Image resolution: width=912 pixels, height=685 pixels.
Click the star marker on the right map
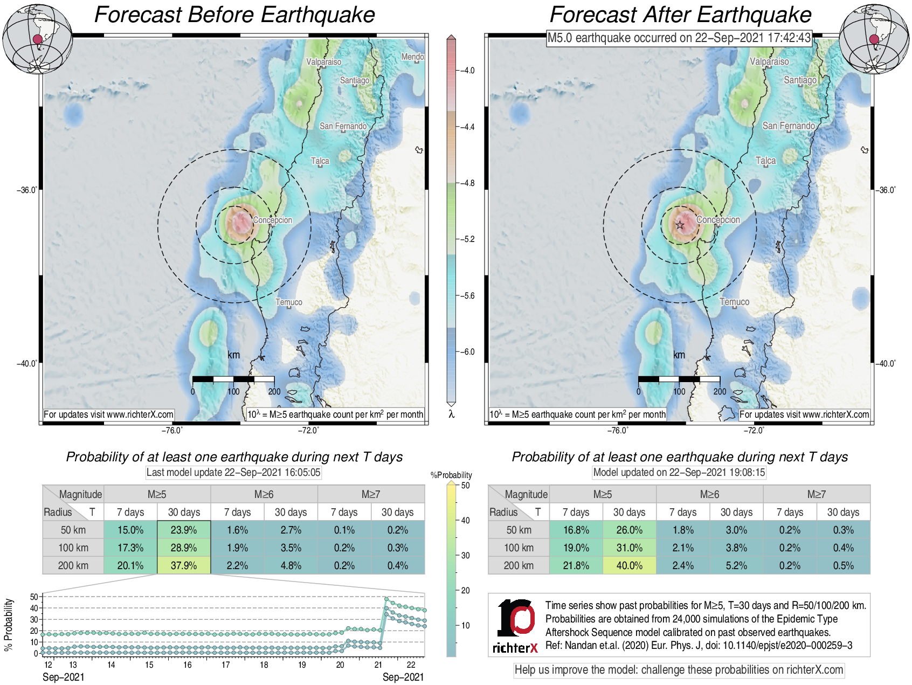pos(680,225)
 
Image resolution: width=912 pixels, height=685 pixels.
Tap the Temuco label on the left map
pos(289,302)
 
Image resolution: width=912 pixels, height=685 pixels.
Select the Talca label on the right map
pos(765,161)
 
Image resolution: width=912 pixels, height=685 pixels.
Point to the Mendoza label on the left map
pos(412,57)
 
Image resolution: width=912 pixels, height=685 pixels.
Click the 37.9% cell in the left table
pos(184,565)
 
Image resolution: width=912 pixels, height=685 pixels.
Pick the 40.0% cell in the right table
pos(629,565)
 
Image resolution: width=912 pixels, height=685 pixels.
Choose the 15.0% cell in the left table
pos(130,530)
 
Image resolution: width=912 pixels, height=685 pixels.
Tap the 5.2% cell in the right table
pos(736,565)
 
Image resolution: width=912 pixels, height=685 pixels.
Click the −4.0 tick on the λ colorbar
pos(467,71)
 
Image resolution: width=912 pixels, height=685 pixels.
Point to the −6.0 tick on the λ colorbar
pos(467,352)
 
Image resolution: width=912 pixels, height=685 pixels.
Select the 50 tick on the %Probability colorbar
pos(465,486)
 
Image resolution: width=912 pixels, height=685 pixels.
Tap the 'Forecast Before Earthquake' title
pos(234,15)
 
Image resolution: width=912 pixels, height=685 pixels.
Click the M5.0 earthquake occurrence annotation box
pos(679,38)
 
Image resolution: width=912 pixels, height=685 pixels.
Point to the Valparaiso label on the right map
pos(769,61)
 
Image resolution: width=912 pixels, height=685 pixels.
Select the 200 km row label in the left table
pos(73,565)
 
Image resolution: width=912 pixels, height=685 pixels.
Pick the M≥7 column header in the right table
pos(816,494)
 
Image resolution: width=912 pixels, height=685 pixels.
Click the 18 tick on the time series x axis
pos(264,665)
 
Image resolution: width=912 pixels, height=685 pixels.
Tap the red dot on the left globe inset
pos(37,39)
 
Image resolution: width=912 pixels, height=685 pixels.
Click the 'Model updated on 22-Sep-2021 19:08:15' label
pos(679,473)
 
